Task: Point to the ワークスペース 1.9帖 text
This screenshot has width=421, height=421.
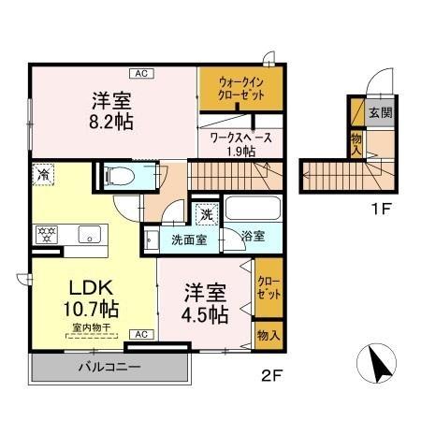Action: coord(240,143)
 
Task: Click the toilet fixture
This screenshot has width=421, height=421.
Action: coord(122,175)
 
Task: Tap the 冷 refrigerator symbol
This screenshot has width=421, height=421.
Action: coord(43,173)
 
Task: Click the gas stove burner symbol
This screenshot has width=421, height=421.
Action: coord(46,233)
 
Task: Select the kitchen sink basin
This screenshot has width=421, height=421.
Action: coord(89,234)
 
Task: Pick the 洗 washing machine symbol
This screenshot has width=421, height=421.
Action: coord(207,213)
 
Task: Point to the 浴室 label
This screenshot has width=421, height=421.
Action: coord(252,237)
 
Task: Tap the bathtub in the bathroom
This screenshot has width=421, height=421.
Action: coord(251,210)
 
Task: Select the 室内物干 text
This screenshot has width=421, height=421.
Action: coord(88,327)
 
